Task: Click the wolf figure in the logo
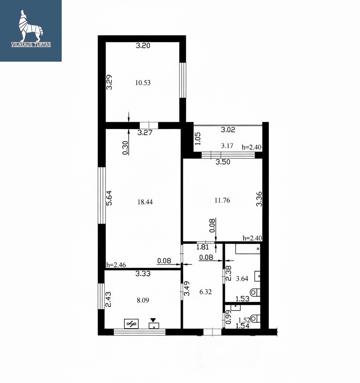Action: pos(30,26)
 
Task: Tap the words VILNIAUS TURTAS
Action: pos(31,45)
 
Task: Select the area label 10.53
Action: pos(143,83)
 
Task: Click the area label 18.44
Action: pos(145,202)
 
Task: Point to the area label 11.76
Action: pos(222,201)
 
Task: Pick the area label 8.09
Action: pos(143,300)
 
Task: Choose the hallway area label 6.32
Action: pos(205,292)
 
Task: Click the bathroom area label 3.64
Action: pos(242,279)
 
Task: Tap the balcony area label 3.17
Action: pos(227,146)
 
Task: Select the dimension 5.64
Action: pos(109,198)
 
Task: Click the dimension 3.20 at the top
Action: pos(143,46)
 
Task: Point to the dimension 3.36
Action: pos(259,199)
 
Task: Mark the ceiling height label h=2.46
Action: pos(116,265)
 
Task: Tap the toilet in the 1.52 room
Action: pos(255,318)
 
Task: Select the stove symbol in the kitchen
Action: pos(131,324)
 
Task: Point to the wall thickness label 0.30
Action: pos(125,148)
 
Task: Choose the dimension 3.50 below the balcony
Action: pos(223,162)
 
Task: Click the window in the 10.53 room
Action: pos(183,81)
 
